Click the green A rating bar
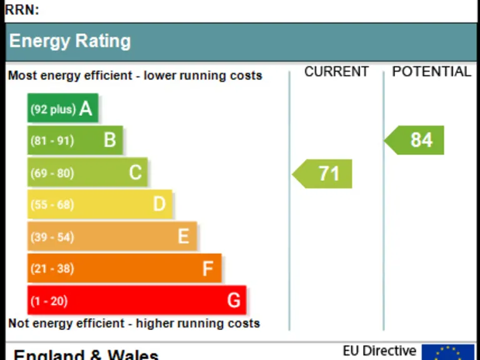click(x=63, y=108)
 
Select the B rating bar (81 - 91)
click(x=75, y=140)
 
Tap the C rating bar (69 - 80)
click(x=87, y=172)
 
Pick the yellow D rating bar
click(x=100, y=204)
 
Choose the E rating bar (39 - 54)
click(x=112, y=236)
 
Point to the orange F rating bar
click(x=124, y=269)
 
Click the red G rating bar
click(x=137, y=301)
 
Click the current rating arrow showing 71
click(x=323, y=174)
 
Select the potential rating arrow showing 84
click(x=415, y=140)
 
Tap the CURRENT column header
click(x=336, y=72)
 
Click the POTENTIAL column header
click(x=431, y=72)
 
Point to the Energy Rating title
click(x=69, y=41)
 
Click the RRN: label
click(x=21, y=9)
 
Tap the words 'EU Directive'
click(x=379, y=351)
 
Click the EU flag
click(x=447, y=352)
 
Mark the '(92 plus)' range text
click(x=53, y=109)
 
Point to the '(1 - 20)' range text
click(x=49, y=301)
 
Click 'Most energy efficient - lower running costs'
click(x=135, y=76)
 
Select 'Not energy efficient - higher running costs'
click(x=134, y=324)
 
